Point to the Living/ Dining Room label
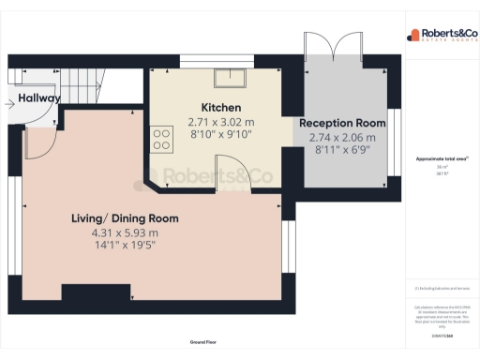pos(125,218)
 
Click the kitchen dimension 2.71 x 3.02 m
pos(221,122)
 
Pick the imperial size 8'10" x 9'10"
pos(221,135)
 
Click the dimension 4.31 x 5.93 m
pos(125,232)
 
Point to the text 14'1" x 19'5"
pos(125,247)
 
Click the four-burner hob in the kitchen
pos(161,139)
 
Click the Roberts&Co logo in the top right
pos(442,36)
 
